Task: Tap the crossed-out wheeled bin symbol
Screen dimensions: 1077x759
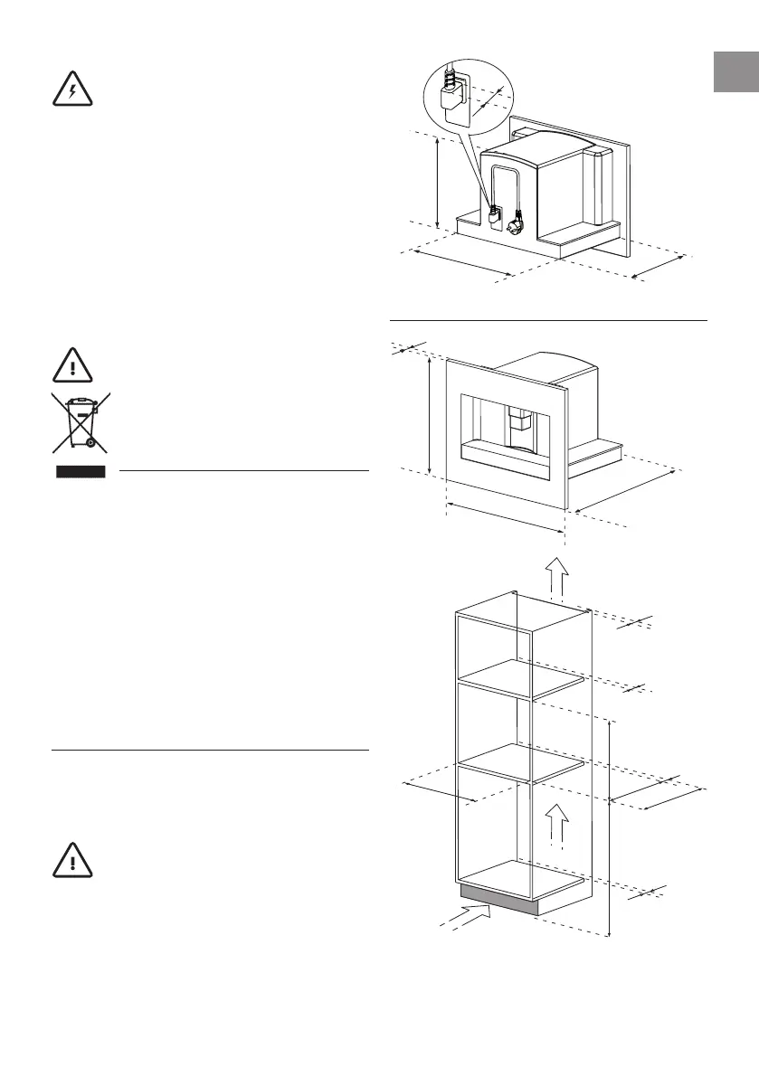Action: click(x=81, y=422)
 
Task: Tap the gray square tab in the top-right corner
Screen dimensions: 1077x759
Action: click(x=735, y=72)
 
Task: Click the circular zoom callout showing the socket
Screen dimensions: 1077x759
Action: click(x=468, y=98)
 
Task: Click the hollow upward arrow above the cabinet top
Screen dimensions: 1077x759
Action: click(x=558, y=576)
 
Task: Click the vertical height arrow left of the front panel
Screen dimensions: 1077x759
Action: click(x=431, y=416)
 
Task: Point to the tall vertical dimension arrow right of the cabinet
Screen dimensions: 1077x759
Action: click(x=611, y=827)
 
